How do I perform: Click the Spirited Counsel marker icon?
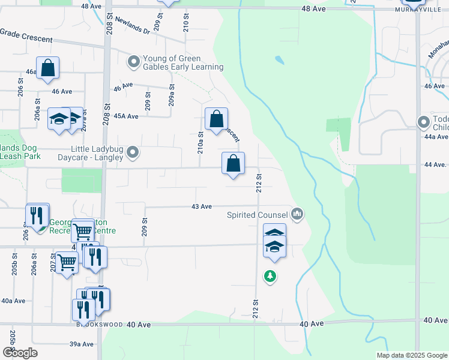(297, 214)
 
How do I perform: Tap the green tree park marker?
(270, 276)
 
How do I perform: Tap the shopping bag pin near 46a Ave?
(47, 68)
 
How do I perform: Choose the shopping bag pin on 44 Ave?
(233, 163)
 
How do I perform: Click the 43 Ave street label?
(202, 206)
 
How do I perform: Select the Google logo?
(20, 353)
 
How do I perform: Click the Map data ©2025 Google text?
(411, 355)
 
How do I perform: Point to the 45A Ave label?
(126, 116)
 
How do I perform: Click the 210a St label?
(201, 143)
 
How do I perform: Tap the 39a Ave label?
(82, 344)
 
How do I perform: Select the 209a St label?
(171, 96)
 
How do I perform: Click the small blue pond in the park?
(279, 60)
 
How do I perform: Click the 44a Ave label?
(437, 137)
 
